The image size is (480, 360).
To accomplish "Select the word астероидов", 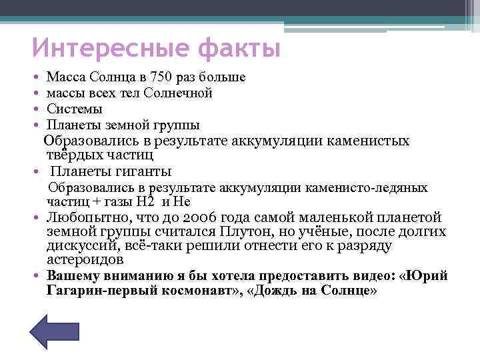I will [x=85, y=260].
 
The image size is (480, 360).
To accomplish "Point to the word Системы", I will [x=75, y=109].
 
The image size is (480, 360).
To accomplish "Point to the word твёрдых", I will [x=73, y=155].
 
